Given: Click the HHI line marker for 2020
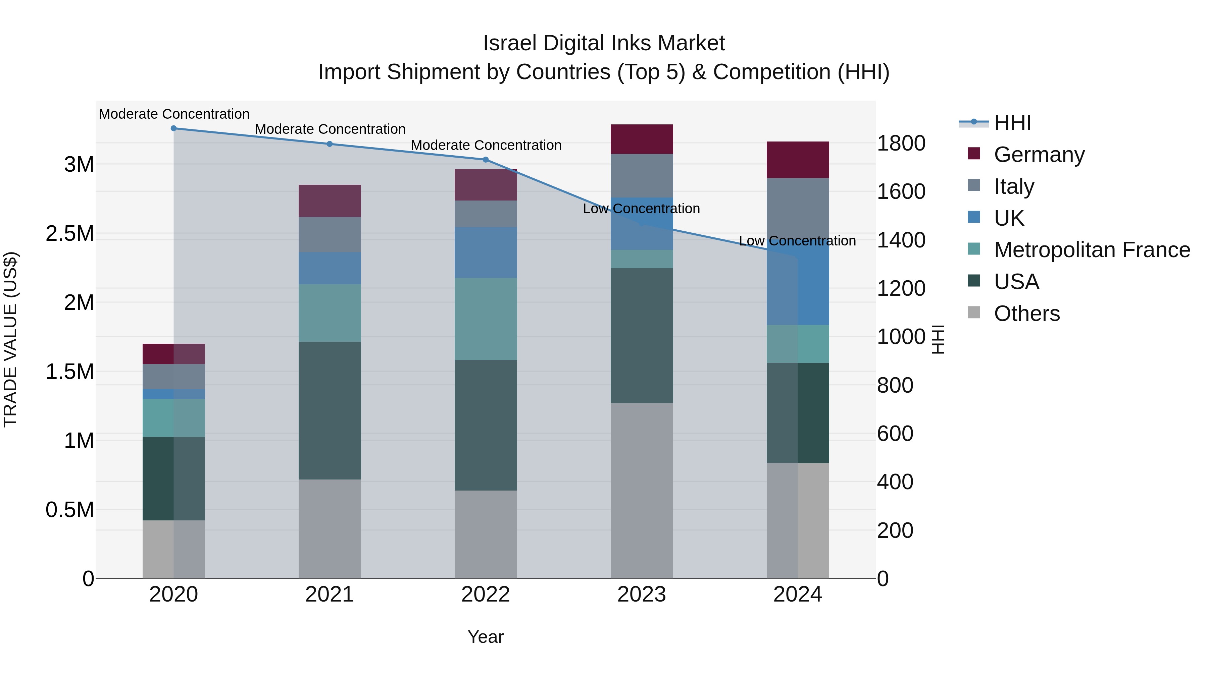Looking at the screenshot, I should coord(173,128).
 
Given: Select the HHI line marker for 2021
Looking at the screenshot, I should coord(330,144).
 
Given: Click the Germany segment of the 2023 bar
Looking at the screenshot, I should coord(642,139).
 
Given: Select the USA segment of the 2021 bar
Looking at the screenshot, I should coord(330,410).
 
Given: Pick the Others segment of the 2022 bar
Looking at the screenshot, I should coord(486,534).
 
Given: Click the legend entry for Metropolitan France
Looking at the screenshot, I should coord(1092,250).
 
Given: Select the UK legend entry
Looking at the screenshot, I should coord(1009,218).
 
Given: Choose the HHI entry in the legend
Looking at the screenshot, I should coord(1012,123).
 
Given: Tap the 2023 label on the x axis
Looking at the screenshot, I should coord(642,595).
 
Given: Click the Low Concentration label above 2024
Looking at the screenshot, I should coord(797,241).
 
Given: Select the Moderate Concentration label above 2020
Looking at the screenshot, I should coord(174,114).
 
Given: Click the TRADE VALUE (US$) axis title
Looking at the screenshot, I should coord(10,339).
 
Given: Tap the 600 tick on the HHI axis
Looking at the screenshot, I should coord(895,434).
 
